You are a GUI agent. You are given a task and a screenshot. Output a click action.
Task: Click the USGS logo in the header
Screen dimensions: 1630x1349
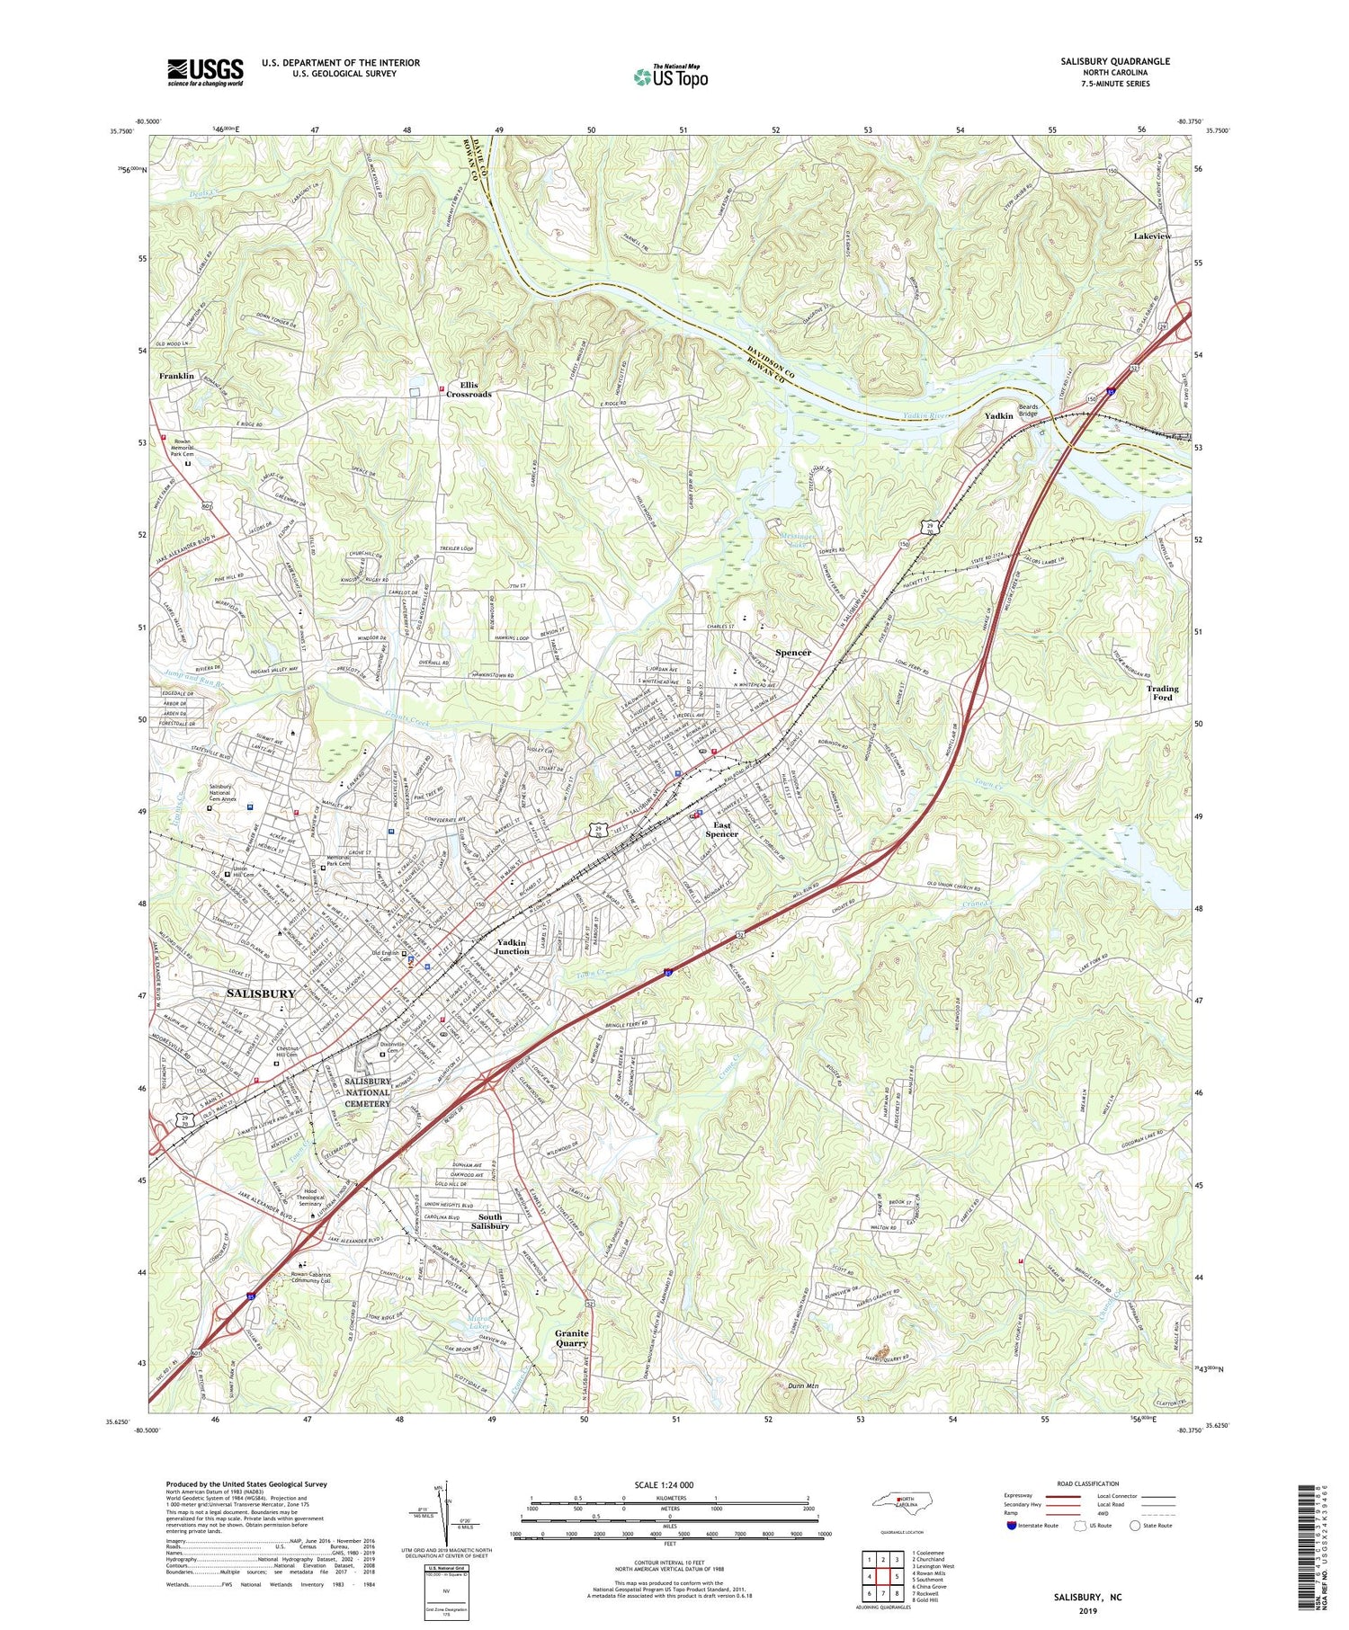pyautogui.click(x=204, y=72)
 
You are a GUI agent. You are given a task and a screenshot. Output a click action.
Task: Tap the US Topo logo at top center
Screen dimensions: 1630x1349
pyautogui.click(x=670, y=76)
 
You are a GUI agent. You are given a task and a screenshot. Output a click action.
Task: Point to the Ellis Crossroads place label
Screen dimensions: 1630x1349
pyautogui.click(x=475, y=388)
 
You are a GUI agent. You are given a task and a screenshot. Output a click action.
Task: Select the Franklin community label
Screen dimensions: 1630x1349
pyautogui.click(x=177, y=376)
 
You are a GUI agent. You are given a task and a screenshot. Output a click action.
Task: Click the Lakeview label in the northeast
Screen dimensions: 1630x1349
pyautogui.click(x=1152, y=236)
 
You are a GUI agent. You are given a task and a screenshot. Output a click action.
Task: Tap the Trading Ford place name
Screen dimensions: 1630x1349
pyautogui.click(x=1162, y=693)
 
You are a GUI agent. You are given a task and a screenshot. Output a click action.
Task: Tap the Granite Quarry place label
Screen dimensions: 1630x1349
pyautogui.click(x=571, y=1338)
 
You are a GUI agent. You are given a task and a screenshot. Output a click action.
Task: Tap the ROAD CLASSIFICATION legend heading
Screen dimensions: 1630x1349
pyautogui.click(x=1088, y=1484)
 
